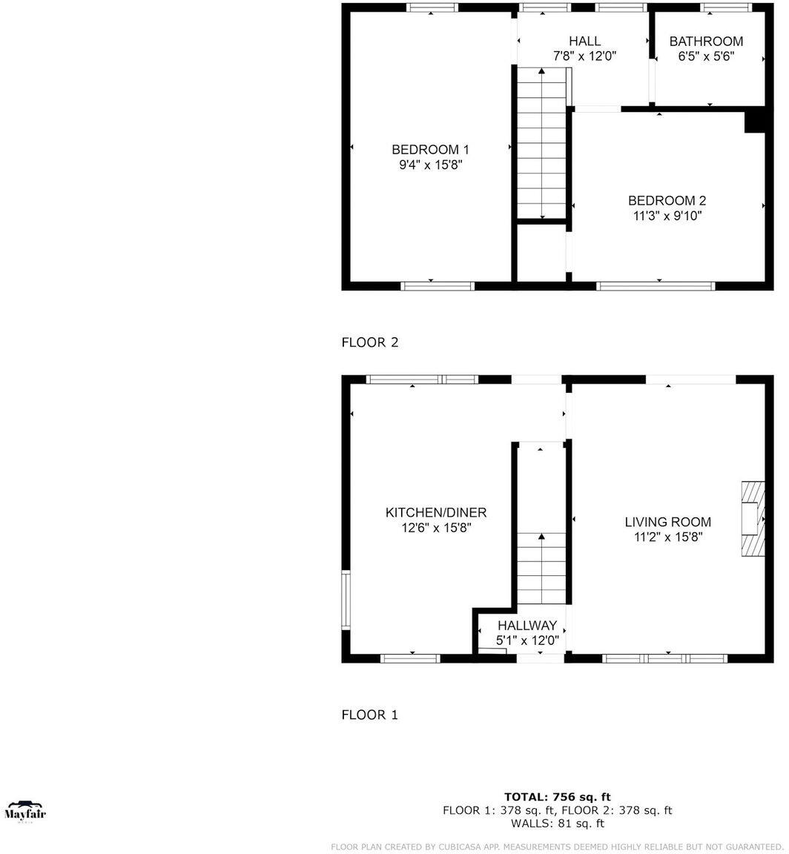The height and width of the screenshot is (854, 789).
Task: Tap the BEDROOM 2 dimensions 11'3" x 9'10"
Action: click(x=667, y=216)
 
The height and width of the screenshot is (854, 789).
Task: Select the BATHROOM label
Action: click(x=706, y=42)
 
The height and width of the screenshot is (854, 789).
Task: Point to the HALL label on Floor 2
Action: click(x=584, y=42)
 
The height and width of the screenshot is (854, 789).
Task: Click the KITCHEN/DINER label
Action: click(x=436, y=513)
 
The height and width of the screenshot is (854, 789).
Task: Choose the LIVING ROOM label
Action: click(x=667, y=522)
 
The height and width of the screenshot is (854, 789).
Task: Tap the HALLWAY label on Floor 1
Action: click(x=526, y=626)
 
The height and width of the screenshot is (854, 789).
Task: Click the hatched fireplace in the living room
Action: click(x=752, y=518)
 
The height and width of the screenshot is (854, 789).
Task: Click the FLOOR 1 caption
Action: click(x=369, y=715)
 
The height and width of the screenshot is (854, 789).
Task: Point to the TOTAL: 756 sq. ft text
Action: click(x=558, y=797)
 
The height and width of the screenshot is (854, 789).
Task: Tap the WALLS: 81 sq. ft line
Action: click(x=558, y=824)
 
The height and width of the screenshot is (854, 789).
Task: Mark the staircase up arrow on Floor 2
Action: click(x=542, y=71)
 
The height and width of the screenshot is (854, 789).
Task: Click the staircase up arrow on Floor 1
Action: click(x=542, y=537)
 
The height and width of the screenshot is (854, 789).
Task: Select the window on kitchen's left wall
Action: click(x=345, y=599)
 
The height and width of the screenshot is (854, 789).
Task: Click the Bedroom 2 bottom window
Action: click(x=656, y=285)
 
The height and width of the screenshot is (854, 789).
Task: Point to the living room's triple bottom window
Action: click(x=664, y=658)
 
